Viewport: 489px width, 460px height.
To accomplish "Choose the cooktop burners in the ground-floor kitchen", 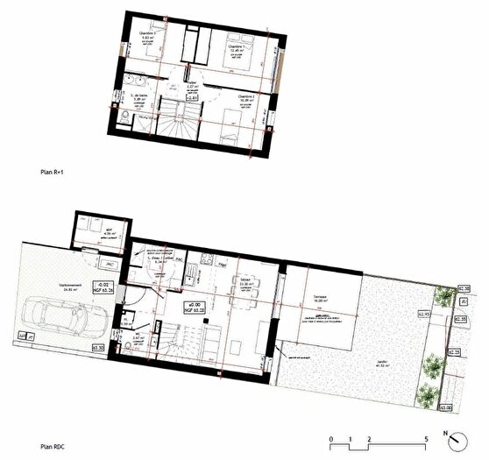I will [x=207, y=258].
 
